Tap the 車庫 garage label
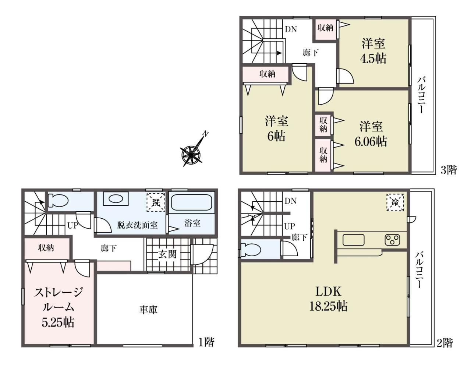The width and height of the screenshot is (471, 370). [x=148, y=310]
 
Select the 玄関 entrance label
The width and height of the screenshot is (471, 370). [x=167, y=254]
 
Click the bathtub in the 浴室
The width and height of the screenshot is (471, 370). [x=192, y=202]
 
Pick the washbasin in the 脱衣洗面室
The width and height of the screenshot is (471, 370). [x=115, y=198]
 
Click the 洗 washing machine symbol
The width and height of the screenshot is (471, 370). [x=156, y=202]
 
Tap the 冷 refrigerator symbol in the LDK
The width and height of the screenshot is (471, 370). [x=395, y=202]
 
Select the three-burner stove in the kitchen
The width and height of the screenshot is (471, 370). [x=393, y=240]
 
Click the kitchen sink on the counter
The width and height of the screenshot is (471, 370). [x=354, y=240]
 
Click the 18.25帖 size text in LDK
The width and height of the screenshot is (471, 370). [x=328, y=306]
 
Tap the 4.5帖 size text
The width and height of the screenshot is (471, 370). [x=373, y=58]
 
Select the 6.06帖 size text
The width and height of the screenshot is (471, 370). [x=371, y=141]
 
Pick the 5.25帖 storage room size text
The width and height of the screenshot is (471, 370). [x=58, y=322]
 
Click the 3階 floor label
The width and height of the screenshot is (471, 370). [x=449, y=170]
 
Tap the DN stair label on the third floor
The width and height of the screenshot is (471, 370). [x=291, y=29]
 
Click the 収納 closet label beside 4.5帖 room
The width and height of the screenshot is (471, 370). [x=325, y=28]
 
